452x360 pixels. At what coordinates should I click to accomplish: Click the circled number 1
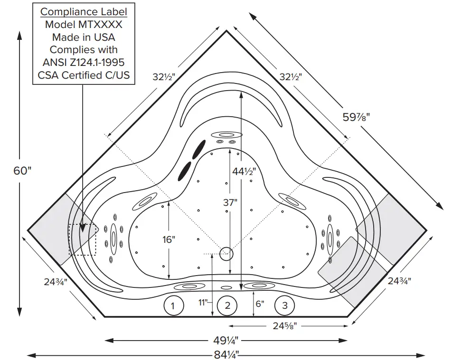pyautogui.click(x=173, y=306)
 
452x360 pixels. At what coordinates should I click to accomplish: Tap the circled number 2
pyautogui.click(x=227, y=306)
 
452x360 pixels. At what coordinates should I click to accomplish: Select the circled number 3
pyautogui.click(x=285, y=306)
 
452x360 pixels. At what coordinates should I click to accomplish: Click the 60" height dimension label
pyautogui.click(x=22, y=170)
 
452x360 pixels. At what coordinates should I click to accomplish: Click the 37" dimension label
pyautogui.click(x=229, y=202)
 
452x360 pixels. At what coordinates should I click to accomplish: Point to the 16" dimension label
pyautogui.click(x=169, y=239)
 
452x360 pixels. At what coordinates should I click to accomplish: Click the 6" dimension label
pyautogui.click(x=259, y=303)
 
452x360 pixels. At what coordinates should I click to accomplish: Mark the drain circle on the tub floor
pyautogui.click(x=227, y=254)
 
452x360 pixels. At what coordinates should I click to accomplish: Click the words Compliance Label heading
pyautogui.click(x=84, y=11)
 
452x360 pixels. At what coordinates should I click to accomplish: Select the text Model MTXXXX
pyautogui.click(x=84, y=24)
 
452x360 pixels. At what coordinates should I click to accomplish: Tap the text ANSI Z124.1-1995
pyautogui.click(x=84, y=62)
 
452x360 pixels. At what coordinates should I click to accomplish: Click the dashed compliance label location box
pyautogui.click(x=83, y=240)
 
